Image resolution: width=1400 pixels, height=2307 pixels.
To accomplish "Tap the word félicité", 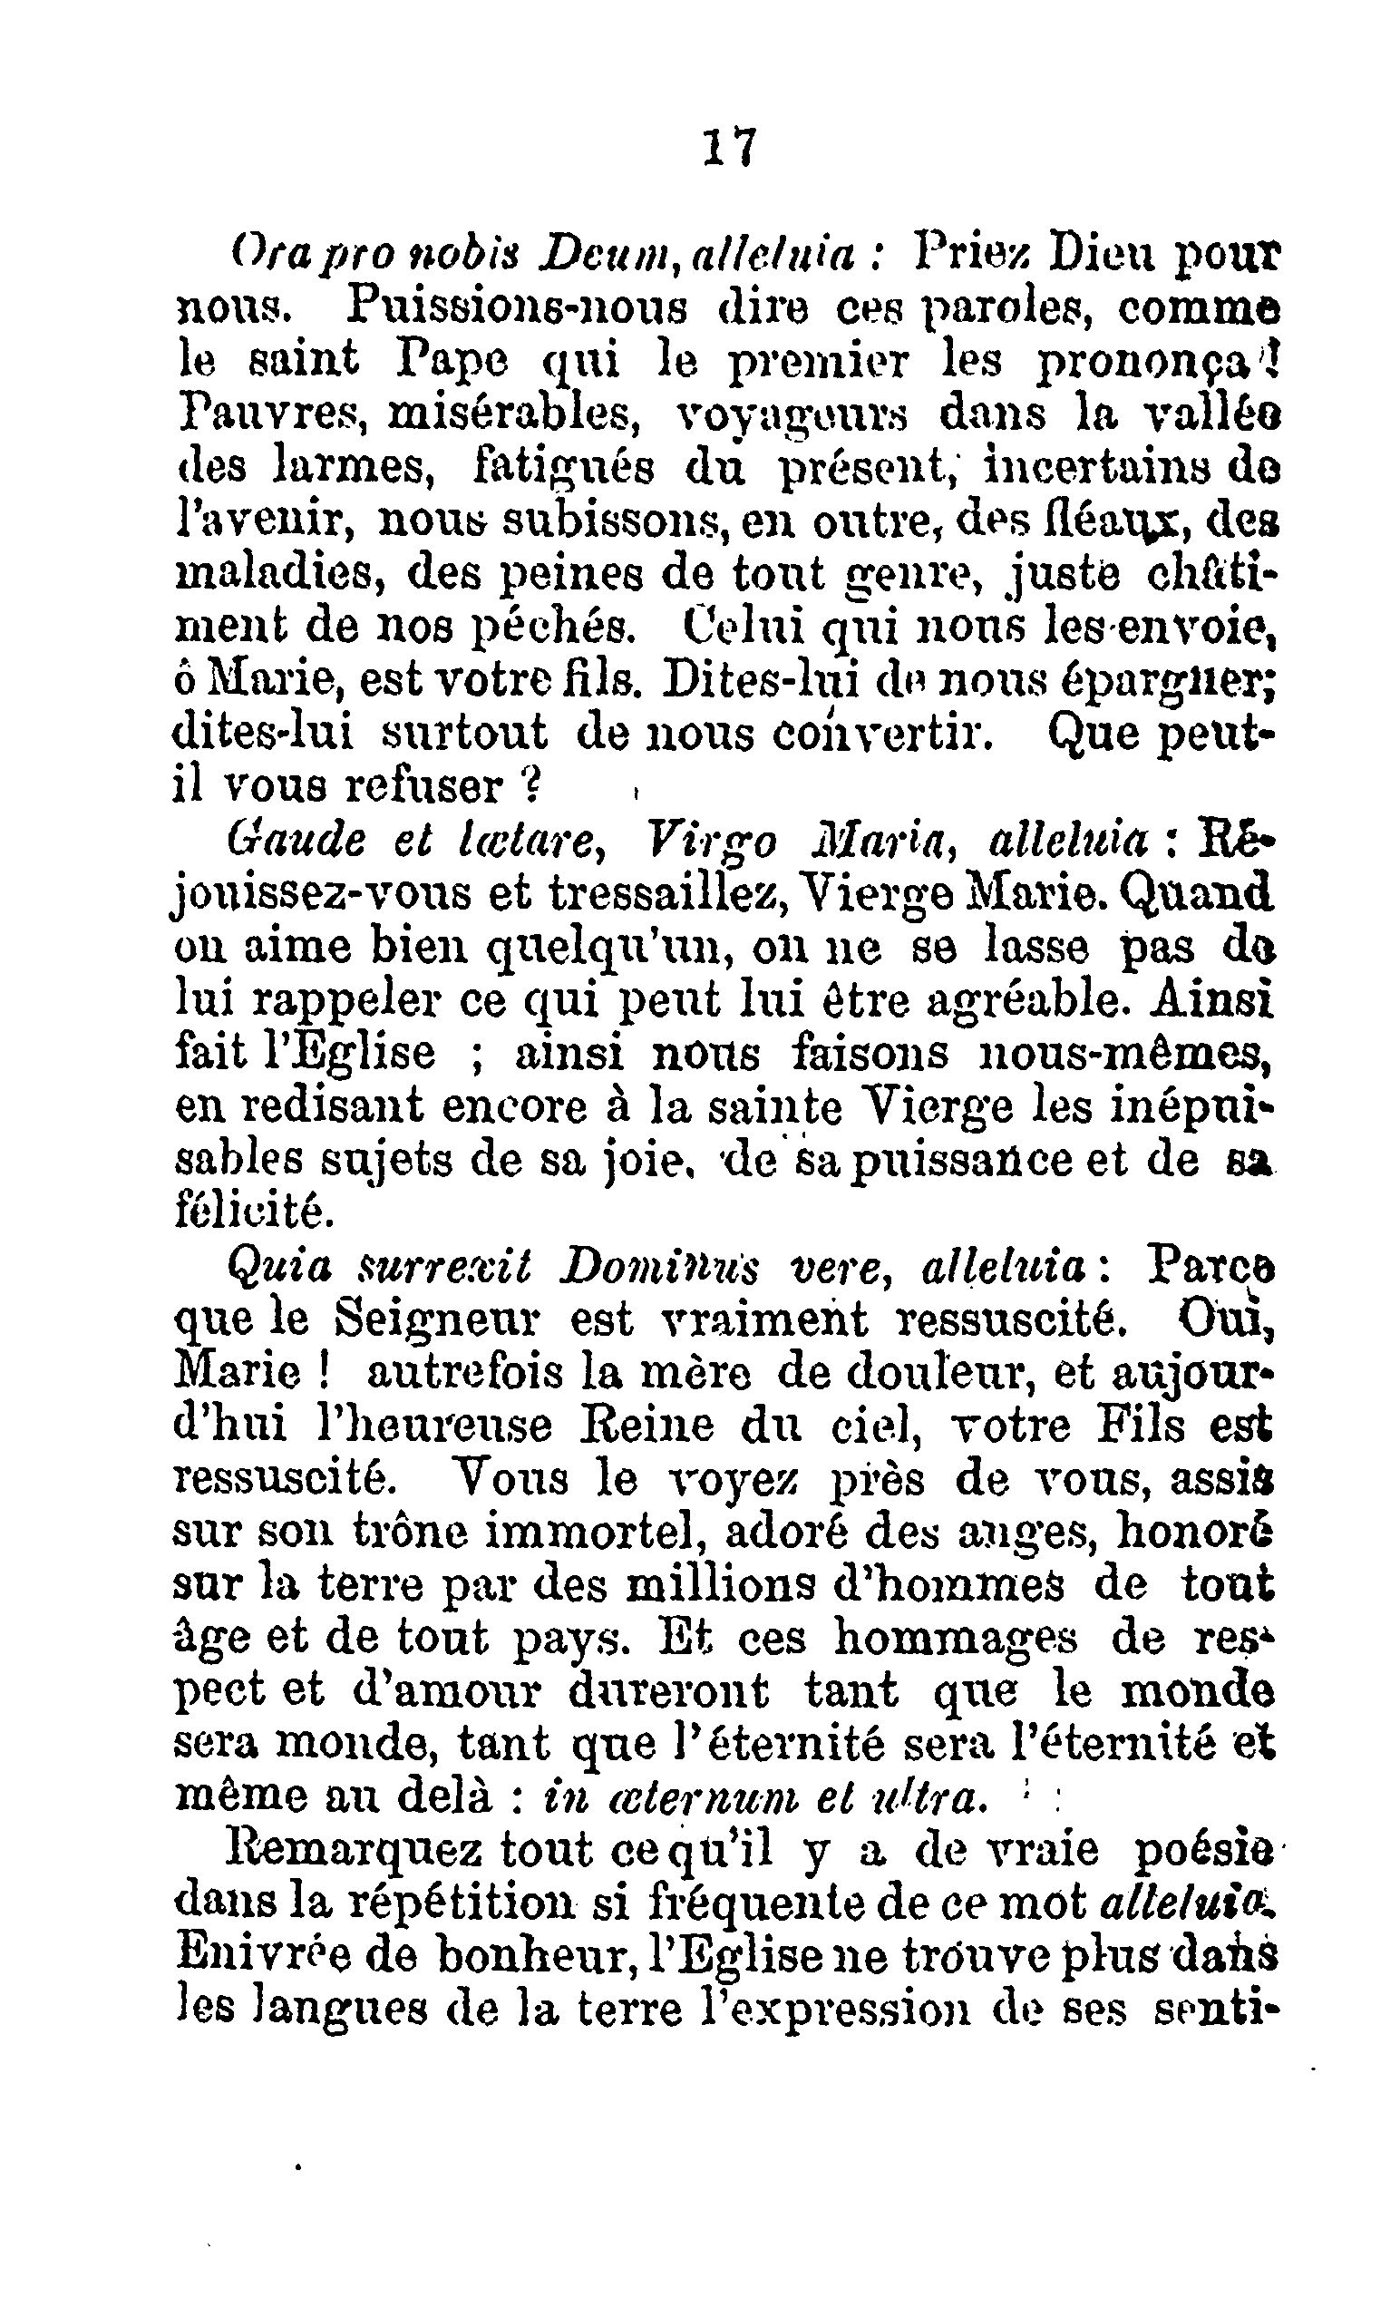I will [253, 1212].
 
